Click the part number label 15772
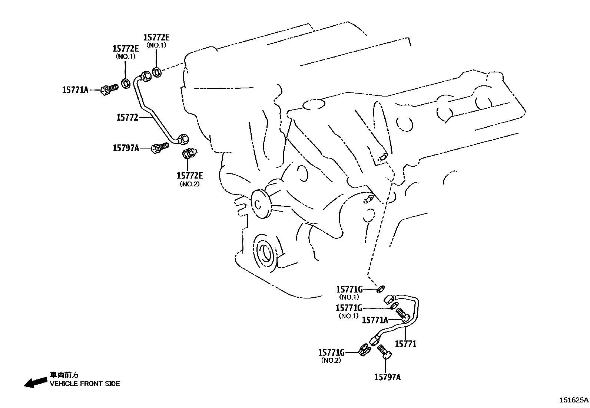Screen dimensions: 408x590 point(127,118)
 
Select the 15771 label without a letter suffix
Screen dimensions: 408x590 point(405,344)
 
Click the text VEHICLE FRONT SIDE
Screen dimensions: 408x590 point(85,384)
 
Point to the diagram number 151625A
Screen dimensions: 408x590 point(574,400)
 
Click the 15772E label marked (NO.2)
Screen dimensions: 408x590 point(190,176)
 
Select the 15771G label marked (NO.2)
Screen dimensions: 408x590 point(331,352)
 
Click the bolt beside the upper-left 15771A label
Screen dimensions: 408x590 point(109,89)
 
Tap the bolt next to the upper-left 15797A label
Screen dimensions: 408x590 point(160,148)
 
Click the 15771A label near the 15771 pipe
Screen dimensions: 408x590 point(375,320)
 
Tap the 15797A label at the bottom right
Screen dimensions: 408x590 point(387,377)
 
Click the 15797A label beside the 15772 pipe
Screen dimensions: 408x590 point(126,148)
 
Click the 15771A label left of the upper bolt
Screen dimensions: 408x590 point(75,89)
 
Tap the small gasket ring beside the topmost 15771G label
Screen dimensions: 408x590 point(381,288)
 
